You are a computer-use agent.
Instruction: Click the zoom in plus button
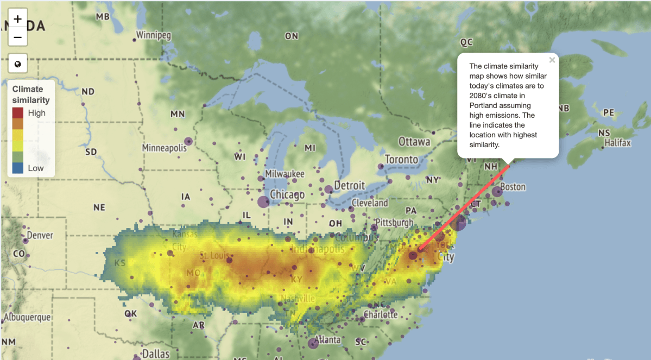[18, 19]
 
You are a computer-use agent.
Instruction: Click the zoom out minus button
[18, 37]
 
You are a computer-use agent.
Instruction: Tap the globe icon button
[18, 65]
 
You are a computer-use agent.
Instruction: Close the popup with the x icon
[552, 60]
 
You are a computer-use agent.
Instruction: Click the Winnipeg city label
[154, 35]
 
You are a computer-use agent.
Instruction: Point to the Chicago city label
[287, 194]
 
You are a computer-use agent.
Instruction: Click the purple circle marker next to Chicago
[263, 202]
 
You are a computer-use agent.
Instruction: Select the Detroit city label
[349, 185]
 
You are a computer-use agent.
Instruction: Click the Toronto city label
[401, 159]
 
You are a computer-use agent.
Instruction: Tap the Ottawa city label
[414, 142]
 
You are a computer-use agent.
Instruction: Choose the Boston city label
[513, 187]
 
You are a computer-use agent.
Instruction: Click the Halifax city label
[618, 143]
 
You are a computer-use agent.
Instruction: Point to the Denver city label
[40, 235]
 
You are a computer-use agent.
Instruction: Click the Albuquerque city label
[27, 317]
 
